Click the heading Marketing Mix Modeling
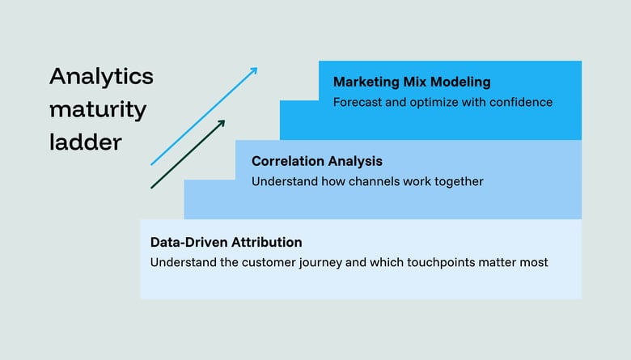click(x=412, y=82)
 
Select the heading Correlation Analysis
click(x=316, y=161)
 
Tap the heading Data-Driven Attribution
click(x=226, y=242)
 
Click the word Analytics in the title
click(x=101, y=77)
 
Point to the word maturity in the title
click(x=98, y=109)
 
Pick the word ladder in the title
click(x=85, y=142)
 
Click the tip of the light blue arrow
click(x=256, y=68)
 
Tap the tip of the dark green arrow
click(x=224, y=121)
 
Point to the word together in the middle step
click(x=456, y=181)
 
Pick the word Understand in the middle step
click(x=282, y=181)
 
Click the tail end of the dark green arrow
click(x=152, y=188)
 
